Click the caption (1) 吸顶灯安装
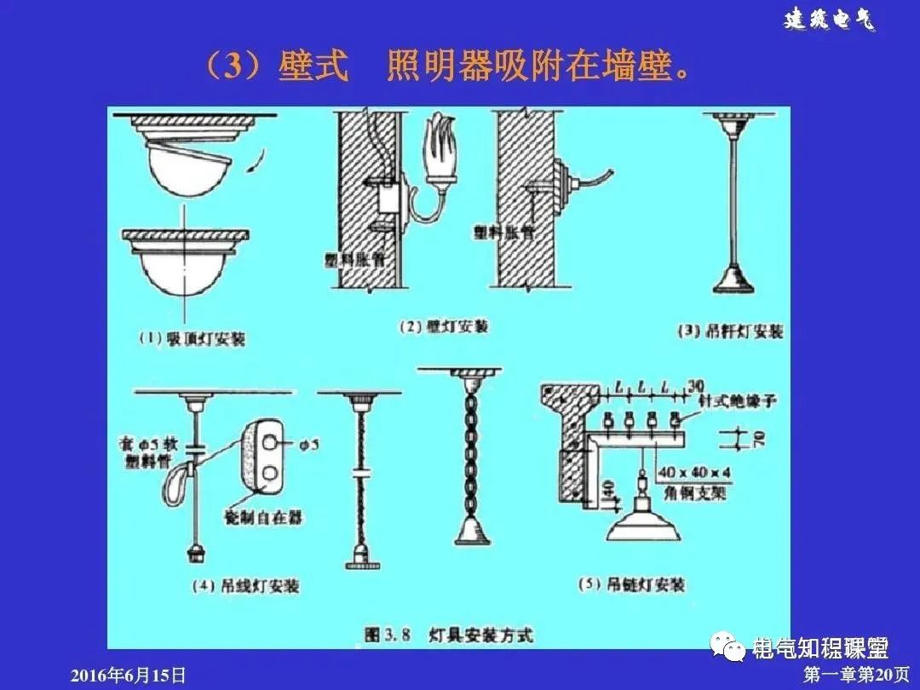tap(192, 338)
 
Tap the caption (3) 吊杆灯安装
tap(730, 331)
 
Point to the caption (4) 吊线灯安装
tap(246, 586)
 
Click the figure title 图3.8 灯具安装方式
tap(448, 635)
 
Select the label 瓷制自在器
tap(263, 516)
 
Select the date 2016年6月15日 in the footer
tap(127, 676)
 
